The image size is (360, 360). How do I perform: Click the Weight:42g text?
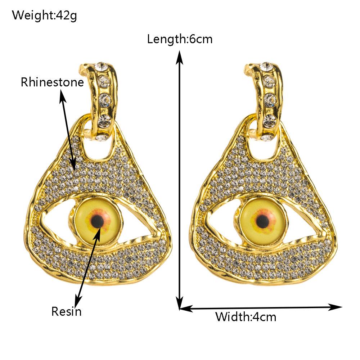[x=45, y=15]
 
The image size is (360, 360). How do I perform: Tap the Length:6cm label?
[x=180, y=39]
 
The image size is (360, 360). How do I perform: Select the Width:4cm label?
[x=246, y=317]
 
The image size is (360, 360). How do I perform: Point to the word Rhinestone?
[x=52, y=82]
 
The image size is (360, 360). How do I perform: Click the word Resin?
[x=67, y=311]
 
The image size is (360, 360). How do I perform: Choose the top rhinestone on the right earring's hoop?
[x=266, y=66]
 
